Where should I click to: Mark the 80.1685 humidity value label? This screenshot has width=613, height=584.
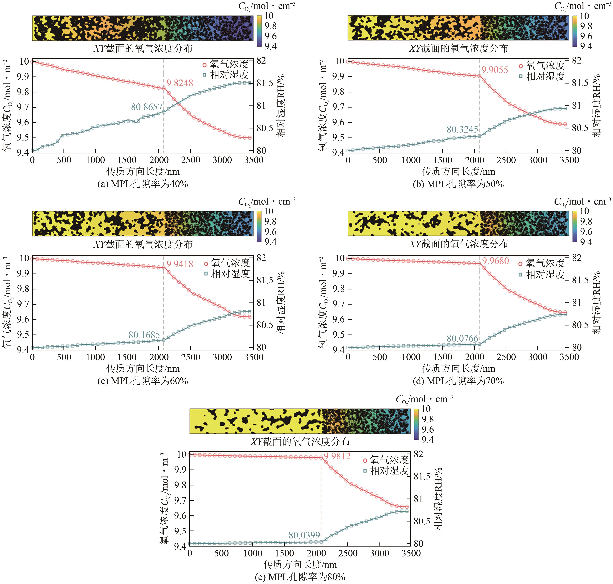tap(144, 335)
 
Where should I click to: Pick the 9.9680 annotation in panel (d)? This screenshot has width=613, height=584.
tap(495, 261)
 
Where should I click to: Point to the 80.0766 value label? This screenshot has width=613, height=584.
tap(462, 338)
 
